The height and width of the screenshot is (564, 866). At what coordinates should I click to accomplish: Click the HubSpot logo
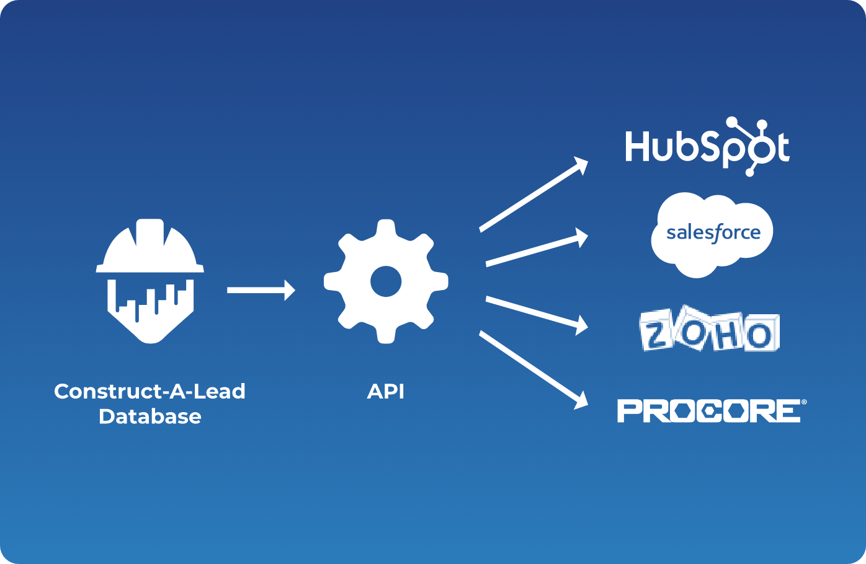point(707,147)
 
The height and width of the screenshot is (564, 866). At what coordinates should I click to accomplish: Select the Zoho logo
point(710,329)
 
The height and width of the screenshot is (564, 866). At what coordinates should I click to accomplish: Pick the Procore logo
point(708,411)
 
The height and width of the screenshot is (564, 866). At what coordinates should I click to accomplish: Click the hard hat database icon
point(150,281)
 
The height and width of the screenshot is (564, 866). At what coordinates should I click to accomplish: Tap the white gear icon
point(385,281)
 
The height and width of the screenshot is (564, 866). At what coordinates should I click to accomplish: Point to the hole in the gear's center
point(385,282)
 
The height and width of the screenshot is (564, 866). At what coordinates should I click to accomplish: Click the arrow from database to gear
point(261,290)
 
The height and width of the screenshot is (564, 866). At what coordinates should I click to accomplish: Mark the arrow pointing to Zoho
point(537,314)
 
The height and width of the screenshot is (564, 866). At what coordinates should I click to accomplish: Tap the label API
point(385,392)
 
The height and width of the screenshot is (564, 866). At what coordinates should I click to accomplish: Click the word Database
point(150,416)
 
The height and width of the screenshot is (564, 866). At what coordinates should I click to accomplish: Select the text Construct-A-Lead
point(150,392)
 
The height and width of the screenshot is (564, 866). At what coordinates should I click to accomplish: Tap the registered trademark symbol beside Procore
point(804,402)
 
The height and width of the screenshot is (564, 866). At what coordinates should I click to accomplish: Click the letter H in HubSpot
point(636,147)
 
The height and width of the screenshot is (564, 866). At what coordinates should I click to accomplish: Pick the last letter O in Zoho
point(760,335)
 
